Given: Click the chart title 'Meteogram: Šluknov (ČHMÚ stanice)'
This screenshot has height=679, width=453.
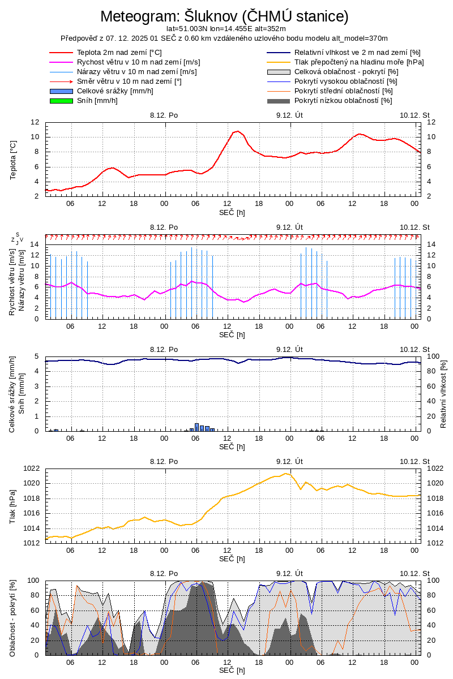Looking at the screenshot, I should pos(224,16).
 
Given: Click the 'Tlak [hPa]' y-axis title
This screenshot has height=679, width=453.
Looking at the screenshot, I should pos(13,506).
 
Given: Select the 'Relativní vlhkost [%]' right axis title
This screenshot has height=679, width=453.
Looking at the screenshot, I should pos(443,393).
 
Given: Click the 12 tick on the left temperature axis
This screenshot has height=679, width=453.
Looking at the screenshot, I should pos(35,122).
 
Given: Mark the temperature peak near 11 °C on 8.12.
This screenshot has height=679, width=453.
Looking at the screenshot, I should pos(238,131).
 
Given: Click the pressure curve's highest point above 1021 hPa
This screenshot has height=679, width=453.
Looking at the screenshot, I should pos(287,474).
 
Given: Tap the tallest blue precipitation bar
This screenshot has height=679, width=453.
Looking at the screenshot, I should pos(196,427).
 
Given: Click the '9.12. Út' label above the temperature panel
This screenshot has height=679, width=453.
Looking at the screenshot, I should pos(290,115).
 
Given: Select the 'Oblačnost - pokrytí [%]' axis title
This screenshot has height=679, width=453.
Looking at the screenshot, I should pos(13,618).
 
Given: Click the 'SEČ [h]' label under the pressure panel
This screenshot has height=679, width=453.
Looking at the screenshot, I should pos(232,559).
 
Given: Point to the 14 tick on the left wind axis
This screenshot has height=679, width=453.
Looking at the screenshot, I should pos(35,244).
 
